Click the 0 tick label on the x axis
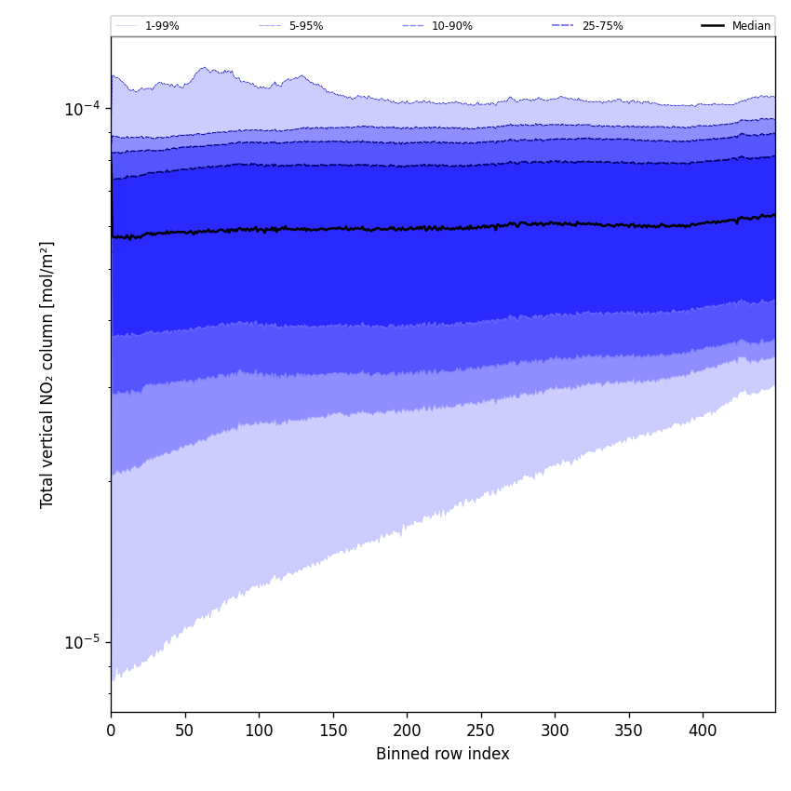pos(111,731)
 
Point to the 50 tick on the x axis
pos(184,731)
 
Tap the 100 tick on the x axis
pos(259,731)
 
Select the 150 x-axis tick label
pos(332,731)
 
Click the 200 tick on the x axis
pos(407,731)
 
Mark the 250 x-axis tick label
pos(481,731)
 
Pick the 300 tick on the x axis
pos(555,731)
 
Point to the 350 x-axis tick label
pos(629,731)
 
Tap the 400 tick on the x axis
pos(703,731)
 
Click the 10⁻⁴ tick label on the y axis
pos(82,108)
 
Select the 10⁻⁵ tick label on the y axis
pos(82,641)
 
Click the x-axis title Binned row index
pos(443,755)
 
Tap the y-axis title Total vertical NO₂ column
pos(47,374)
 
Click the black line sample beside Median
pos(713,26)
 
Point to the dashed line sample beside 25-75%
pos(563,26)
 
